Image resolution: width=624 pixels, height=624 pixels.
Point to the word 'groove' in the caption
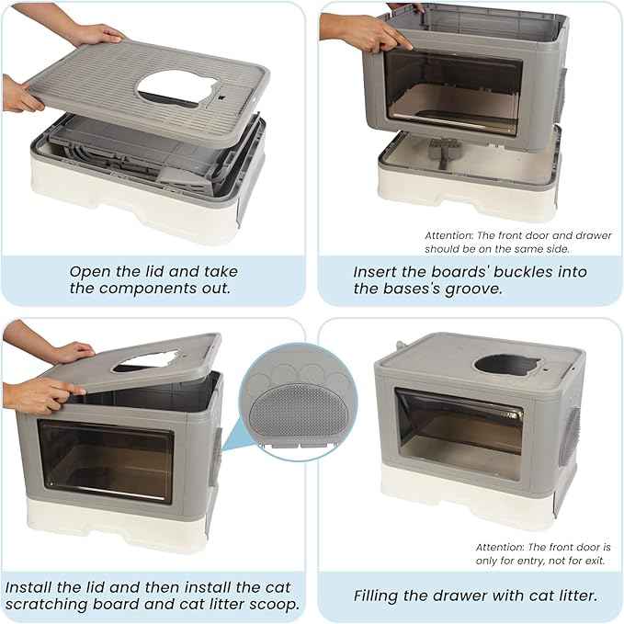[x=475, y=289]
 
